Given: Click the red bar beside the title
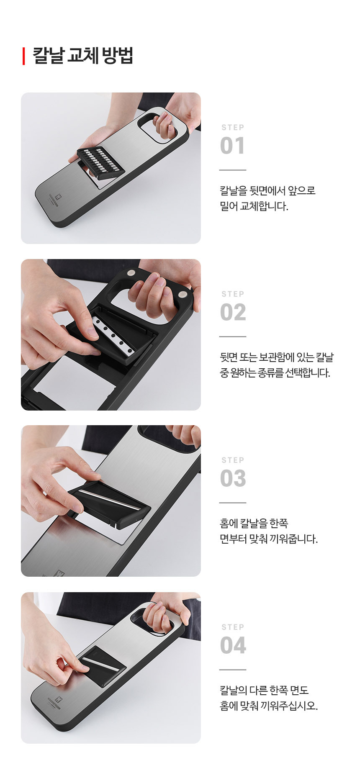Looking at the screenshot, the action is (x=24, y=56).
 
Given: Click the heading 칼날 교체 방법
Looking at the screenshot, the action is (x=83, y=56).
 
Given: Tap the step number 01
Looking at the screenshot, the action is (x=232, y=146).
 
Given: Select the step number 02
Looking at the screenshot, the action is (x=233, y=312).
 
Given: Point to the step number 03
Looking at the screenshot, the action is (x=233, y=478).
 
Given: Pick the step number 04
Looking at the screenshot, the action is (x=233, y=645).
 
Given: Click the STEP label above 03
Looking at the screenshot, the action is (x=233, y=460).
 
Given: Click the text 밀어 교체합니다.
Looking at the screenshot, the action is (x=254, y=206).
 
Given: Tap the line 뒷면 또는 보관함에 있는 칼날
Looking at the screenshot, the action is (x=277, y=357).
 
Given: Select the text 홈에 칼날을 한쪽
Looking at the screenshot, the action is (x=254, y=523).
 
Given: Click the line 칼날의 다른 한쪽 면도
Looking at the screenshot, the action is (x=265, y=690).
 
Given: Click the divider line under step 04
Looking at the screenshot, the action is (x=233, y=670).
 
